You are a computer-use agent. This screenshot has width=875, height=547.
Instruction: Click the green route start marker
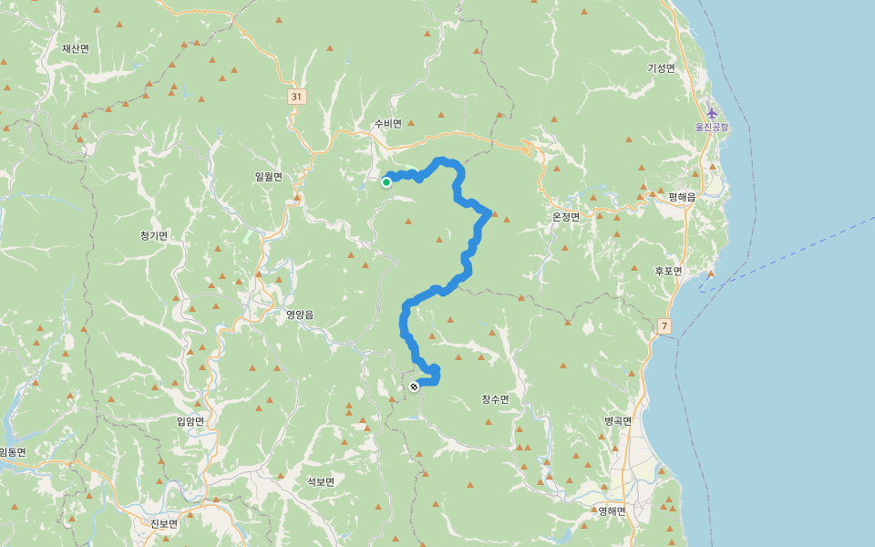[386, 182]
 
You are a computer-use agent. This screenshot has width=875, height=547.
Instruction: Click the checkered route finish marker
[414, 387]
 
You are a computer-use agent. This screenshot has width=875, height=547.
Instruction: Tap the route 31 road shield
[296, 96]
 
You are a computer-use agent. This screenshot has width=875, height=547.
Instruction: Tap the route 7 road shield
[664, 325]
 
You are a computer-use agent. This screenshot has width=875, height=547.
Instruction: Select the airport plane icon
[712, 114]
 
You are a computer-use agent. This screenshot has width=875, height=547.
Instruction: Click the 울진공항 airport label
[712, 127]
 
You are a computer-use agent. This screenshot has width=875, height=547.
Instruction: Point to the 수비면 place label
[387, 124]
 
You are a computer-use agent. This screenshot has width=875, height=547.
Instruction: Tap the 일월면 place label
[269, 177]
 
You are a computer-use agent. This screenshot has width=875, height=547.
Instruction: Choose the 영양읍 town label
[300, 315]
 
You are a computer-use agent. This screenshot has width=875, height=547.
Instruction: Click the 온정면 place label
[566, 217]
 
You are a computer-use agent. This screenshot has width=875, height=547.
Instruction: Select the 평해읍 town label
[682, 197]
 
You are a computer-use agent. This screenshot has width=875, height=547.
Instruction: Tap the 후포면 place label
[668, 271]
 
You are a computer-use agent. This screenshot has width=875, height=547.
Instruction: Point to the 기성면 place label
[661, 68]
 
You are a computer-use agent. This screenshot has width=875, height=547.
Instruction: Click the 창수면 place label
[495, 399]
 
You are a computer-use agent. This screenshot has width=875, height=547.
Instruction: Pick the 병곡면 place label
[618, 421]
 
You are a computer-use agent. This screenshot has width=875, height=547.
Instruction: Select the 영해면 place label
[612, 511]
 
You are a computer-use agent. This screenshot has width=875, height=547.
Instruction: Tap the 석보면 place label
[321, 481]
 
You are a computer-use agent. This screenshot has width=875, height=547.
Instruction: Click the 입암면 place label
[190, 420]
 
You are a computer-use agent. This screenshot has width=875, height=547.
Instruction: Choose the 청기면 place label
[154, 235]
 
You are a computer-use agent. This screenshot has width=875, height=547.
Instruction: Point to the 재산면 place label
[76, 48]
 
